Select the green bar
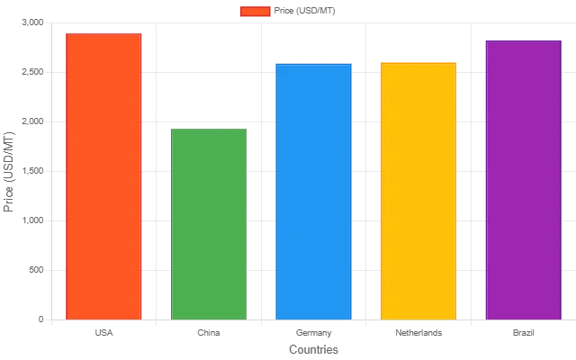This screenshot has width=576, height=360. tap(208, 224)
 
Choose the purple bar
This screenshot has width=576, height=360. tap(523, 179)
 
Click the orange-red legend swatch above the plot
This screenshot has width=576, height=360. tap(255, 12)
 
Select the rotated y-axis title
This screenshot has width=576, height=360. tap(9, 171)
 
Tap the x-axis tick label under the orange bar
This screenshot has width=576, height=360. tap(103, 331)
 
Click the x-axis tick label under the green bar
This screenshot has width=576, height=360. tap(208, 331)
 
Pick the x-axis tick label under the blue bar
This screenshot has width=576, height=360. tap(313, 331)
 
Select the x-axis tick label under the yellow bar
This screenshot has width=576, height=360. tap(417, 331)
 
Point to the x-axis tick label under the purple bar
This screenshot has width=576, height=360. tap(523, 331)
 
